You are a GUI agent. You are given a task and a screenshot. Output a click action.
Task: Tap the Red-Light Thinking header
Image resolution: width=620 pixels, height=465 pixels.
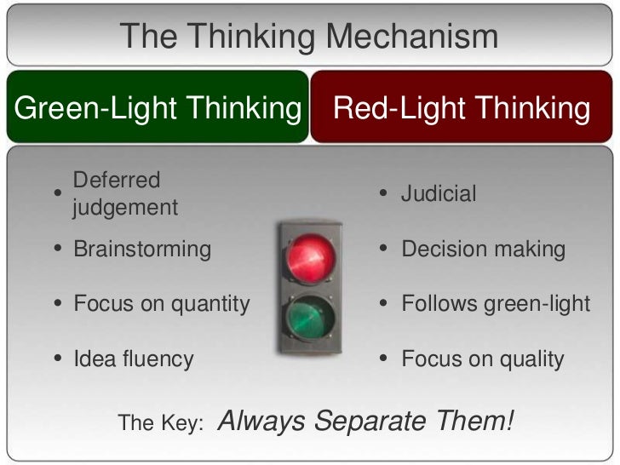click(x=462, y=108)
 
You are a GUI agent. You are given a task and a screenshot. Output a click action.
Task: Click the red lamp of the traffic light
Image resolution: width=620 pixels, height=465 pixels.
click(x=310, y=258)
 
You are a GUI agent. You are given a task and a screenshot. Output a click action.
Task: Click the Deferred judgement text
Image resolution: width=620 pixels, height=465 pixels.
click(x=125, y=193)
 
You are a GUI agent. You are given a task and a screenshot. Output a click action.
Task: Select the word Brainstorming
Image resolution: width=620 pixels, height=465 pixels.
click(x=141, y=250)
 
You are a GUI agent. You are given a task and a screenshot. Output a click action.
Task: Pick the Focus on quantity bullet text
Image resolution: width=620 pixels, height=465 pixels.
click(x=161, y=304)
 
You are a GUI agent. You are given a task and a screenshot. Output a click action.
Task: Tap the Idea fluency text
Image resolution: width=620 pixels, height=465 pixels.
click(x=133, y=359)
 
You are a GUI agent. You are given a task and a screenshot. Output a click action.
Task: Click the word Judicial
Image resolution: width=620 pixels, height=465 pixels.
click(x=439, y=194)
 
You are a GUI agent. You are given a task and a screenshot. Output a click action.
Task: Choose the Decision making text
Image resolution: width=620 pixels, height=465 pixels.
click(x=483, y=250)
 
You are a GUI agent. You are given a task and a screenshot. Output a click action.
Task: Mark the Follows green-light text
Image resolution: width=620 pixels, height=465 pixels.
click(x=495, y=304)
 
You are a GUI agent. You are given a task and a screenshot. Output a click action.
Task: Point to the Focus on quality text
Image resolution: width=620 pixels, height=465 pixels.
click(x=482, y=359)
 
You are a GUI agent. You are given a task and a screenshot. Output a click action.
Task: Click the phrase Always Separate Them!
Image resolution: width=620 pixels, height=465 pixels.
click(x=366, y=419)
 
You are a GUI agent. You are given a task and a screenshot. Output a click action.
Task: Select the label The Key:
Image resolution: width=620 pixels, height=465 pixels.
click(x=160, y=422)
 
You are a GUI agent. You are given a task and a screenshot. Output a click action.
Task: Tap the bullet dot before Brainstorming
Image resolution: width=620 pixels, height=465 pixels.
click(x=57, y=250)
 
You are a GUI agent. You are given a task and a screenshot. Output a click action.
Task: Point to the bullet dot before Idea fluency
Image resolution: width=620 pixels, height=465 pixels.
click(x=57, y=359)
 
